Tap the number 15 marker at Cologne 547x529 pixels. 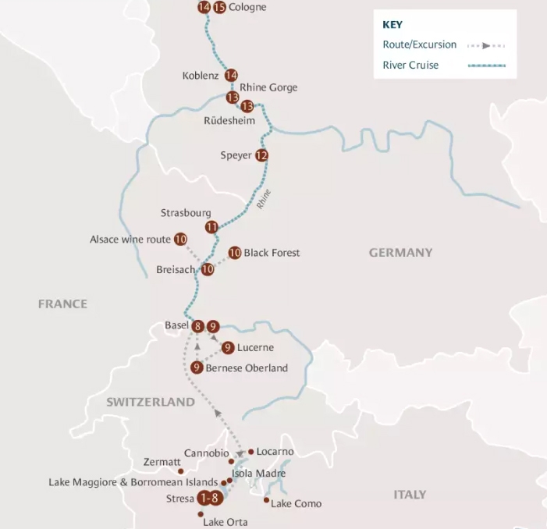pyautogui.click(x=219, y=8)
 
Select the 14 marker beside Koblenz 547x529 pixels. pyautogui.click(x=231, y=76)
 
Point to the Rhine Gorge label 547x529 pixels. pyautogui.click(x=268, y=87)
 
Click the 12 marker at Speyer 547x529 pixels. pyautogui.click(x=261, y=155)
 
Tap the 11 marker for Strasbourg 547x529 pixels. pyautogui.click(x=211, y=227)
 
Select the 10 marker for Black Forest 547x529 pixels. pyautogui.click(x=234, y=253)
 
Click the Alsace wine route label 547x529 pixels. pyautogui.click(x=129, y=240)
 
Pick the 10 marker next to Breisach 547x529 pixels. pyautogui.click(x=208, y=269)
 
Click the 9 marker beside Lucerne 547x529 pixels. pyautogui.click(x=228, y=347)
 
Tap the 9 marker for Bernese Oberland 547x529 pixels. pyautogui.click(x=197, y=367)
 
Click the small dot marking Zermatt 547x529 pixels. pyautogui.click(x=181, y=471)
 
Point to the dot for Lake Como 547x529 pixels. pyautogui.click(x=267, y=500)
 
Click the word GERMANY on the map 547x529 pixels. pyautogui.click(x=400, y=253)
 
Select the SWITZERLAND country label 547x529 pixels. pyautogui.click(x=151, y=402)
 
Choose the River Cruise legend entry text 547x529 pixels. pyautogui.click(x=410, y=65)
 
